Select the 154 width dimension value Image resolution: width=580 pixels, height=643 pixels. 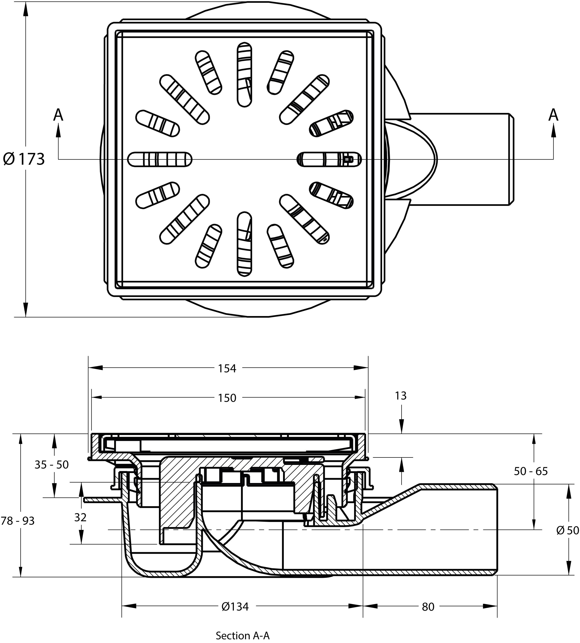click(227, 368)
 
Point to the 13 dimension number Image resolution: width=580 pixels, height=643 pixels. click(401, 396)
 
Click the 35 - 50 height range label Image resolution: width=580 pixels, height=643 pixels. click(52, 465)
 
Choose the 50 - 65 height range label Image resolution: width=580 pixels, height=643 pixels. click(531, 471)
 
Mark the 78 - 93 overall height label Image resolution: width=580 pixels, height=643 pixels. click(18, 521)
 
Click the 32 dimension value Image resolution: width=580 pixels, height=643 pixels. click(80, 518)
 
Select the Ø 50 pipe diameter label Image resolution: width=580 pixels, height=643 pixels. click(567, 530)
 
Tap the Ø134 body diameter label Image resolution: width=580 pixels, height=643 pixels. click(235, 607)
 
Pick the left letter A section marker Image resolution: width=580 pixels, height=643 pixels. click(58, 115)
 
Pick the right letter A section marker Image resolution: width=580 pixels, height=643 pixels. click(553, 115)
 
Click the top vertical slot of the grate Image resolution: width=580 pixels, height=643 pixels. click(245, 74)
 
